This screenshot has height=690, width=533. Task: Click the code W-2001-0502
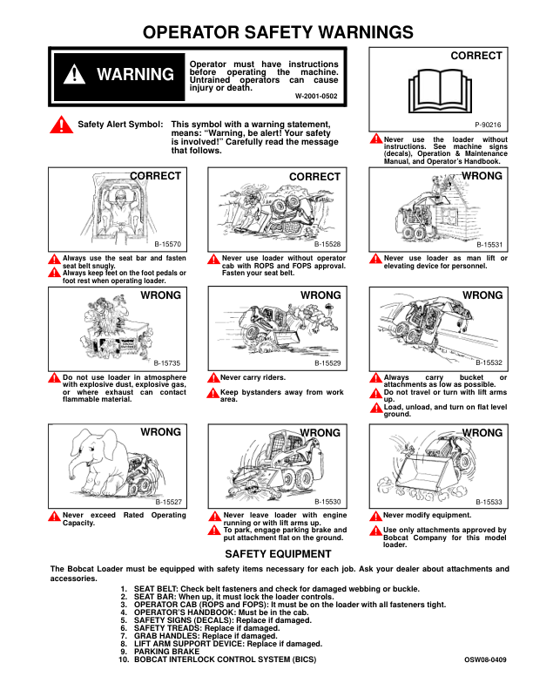pyautogui.click(x=316, y=95)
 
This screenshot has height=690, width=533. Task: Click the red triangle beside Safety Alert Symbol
pyautogui.click(x=63, y=125)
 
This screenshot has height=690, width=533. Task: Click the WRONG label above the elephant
pyautogui.click(x=160, y=432)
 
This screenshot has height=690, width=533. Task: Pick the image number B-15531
pyautogui.click(x=489, y=246)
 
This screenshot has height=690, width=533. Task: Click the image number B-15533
pyautogui.click(x=489, y=503)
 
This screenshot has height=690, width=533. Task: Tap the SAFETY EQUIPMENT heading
pyautogui.click(x=279, y=553)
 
